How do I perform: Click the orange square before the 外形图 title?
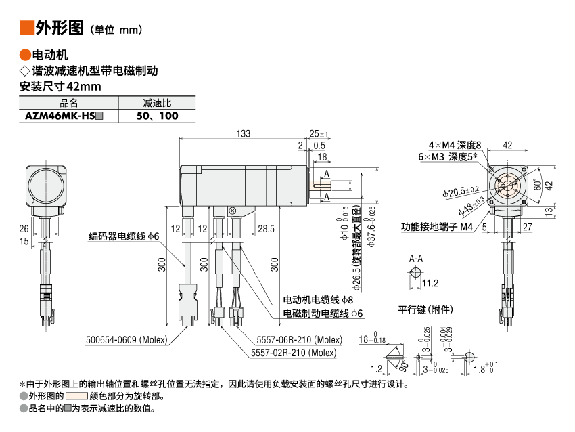tap(27, 28)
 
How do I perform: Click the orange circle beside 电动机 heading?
tap(24, 55)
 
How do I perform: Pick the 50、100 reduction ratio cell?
tap(157, 116)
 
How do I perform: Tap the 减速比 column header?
tap(157, 103)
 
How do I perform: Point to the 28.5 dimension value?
tap(266, 229)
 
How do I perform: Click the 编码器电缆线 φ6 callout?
tap(124, 236)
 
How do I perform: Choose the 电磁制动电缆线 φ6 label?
tap(323, 314)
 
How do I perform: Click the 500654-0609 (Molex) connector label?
tap(126, 340)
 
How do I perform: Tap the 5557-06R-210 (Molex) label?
tap(299, 340)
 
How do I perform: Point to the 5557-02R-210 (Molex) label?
tap(293, 353)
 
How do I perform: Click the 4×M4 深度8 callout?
tap(454, 145)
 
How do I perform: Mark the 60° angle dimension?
tap(536, 184)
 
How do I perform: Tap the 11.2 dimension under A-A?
tap(430, 283)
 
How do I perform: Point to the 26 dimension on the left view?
tap(24, 229)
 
